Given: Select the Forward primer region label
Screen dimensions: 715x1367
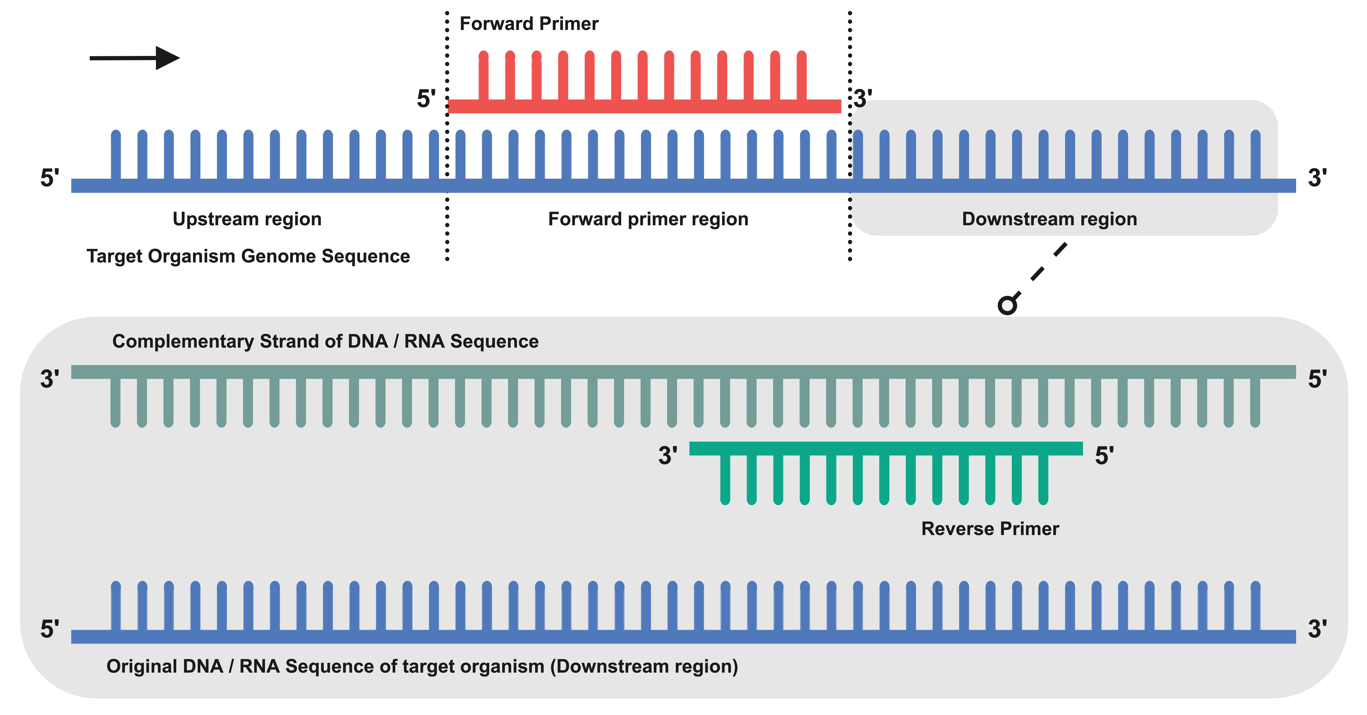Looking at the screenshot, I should pyautogui.click(x=648, y=219).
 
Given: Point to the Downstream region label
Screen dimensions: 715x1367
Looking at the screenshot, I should pyautogui.click(x=1049, y=219).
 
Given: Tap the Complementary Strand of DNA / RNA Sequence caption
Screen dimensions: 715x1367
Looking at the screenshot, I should pyautogui.click(x=325, y=341).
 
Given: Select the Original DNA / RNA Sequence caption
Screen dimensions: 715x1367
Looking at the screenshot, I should pyautogui.click(x=422, y=666).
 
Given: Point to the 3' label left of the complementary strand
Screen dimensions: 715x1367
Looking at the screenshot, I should pyautogui.click(x=49, y=379).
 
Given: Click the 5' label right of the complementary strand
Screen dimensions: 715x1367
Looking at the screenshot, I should pyautogui.click(x=1317, y=379).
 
